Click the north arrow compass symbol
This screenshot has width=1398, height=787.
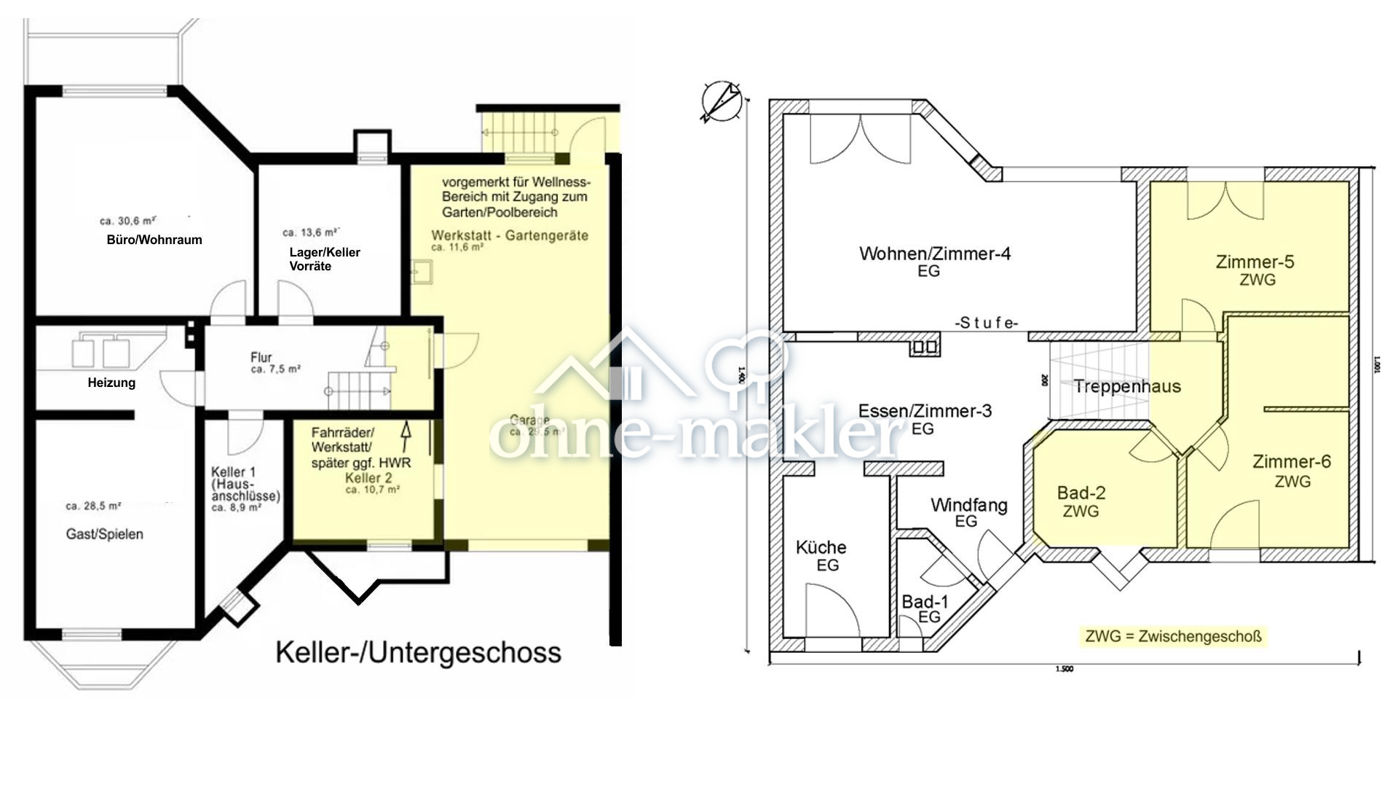721,101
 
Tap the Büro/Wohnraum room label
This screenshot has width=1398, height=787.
154,240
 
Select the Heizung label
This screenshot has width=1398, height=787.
111,383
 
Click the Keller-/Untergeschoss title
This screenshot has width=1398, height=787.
418,653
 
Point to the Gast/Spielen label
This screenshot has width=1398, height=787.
104,534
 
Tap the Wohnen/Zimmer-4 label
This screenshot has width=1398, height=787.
934,261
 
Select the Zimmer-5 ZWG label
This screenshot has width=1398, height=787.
1255,270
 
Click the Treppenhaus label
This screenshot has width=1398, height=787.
1126,387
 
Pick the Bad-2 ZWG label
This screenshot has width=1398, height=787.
1081,501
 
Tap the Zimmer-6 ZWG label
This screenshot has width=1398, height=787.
1292,470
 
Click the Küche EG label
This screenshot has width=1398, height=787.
821,555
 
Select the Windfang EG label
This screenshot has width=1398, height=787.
968,512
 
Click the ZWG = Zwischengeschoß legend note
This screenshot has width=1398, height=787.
1173,636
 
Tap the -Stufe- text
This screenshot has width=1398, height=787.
987,323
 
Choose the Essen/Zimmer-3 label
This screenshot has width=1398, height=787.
925,418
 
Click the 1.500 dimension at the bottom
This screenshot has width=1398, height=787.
1064,669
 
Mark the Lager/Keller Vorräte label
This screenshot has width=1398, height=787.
324,259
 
